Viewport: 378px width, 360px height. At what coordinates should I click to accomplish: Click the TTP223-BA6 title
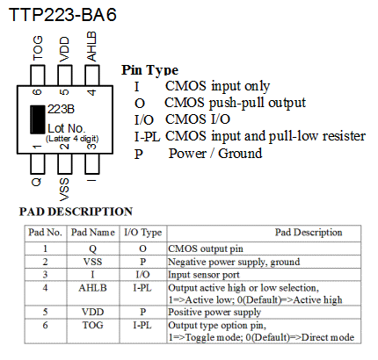pos(62,15)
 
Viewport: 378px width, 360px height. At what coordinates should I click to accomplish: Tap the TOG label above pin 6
pos(38,48)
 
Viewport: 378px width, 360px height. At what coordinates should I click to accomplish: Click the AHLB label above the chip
pos(91,47)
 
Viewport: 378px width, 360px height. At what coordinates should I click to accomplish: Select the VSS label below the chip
pos(64,190)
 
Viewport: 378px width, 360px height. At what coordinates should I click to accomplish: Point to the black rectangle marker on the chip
pos(38,119)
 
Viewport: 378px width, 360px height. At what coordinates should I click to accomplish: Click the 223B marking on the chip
pos(61,109)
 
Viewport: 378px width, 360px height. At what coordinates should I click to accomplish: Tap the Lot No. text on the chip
pos(67,128)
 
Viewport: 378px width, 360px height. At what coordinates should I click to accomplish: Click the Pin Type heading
pos(149,70)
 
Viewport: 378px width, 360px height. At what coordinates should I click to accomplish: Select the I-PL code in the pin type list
pos(147,137)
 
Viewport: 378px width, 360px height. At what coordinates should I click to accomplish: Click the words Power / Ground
pos(215,154)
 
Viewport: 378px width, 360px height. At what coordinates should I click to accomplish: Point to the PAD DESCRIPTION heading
pos(76,212)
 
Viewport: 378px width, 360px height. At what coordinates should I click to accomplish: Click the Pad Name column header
pos(93,233)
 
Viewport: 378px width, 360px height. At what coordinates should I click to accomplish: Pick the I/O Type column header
pos(143,233)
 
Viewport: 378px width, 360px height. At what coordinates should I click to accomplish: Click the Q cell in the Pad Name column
pos(92,248)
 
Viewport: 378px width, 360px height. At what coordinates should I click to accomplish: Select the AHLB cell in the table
pos(92,288)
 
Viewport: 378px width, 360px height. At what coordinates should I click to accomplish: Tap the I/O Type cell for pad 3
pos(142,275)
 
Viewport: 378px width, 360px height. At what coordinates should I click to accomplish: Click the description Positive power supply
pos(214,313)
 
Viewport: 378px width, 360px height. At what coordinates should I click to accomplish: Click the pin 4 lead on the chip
pos(92,76)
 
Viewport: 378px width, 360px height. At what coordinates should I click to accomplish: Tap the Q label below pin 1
pos(37,182)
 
